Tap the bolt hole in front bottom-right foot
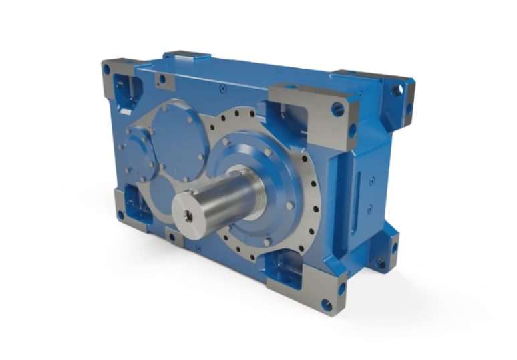pos(326,305)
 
